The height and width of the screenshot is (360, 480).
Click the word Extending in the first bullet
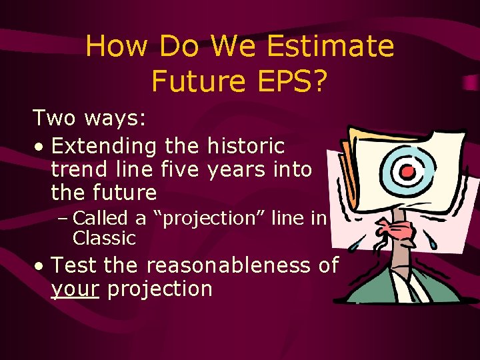(x=103, y=145)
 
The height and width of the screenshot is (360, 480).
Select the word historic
(x=246, y=145)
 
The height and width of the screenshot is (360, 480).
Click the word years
(x=236, y=169)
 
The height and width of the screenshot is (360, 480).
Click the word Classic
(x=104, y=237)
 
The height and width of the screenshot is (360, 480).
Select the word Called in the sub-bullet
(x=103, y=218)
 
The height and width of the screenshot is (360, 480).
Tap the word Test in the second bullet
(x=75, y=265)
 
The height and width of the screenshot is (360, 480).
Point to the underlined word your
(x=75, y=289)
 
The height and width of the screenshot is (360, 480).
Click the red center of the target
(x=408, y=171)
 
